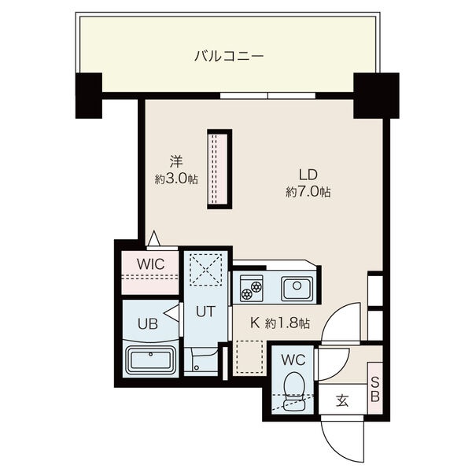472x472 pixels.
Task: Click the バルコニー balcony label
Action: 229,57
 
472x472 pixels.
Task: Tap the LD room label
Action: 308,175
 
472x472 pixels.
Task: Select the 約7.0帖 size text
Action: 308,191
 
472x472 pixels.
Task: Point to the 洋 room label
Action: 176,161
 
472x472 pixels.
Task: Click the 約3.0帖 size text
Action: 176,179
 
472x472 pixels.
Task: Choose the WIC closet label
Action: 151,264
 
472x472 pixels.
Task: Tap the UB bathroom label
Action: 148,324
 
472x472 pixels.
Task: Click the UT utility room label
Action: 206,312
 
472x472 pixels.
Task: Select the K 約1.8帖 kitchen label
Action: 279,323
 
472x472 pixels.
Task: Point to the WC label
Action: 293,360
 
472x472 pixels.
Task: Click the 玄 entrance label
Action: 342,400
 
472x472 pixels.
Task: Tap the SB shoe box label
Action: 375,390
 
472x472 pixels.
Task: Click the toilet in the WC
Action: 293,391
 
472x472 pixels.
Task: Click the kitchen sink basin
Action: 297,289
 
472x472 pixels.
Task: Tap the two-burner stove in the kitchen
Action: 252,288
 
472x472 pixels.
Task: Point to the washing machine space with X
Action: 206,269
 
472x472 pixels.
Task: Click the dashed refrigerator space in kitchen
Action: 249,356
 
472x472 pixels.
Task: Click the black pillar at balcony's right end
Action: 376,95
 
